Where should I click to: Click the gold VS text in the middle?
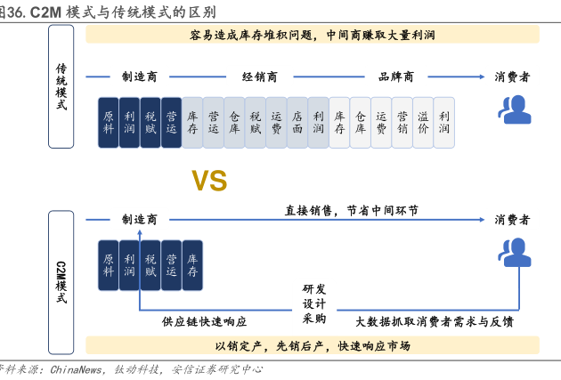(x=210, y=182)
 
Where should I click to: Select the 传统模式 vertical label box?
(x=61, y=85)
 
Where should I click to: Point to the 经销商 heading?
(x=260, y=77)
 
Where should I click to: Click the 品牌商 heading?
(x=395, y=77)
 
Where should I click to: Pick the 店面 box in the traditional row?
(x=297, y=121)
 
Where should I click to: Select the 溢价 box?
(x=422, y=121)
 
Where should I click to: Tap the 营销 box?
(x=402, y=121)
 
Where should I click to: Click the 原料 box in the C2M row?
(x=109, y=264)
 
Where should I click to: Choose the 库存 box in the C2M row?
(x=191, y=264)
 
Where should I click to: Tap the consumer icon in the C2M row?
(x=515, y=253)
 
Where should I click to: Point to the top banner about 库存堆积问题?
(x=313, y=35)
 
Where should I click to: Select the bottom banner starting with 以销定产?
(x=313, y=345)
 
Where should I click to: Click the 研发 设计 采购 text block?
(x=314, y=303)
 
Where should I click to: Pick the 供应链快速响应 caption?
(x=204, y=321)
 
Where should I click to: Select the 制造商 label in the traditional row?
(x=140, y=77)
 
